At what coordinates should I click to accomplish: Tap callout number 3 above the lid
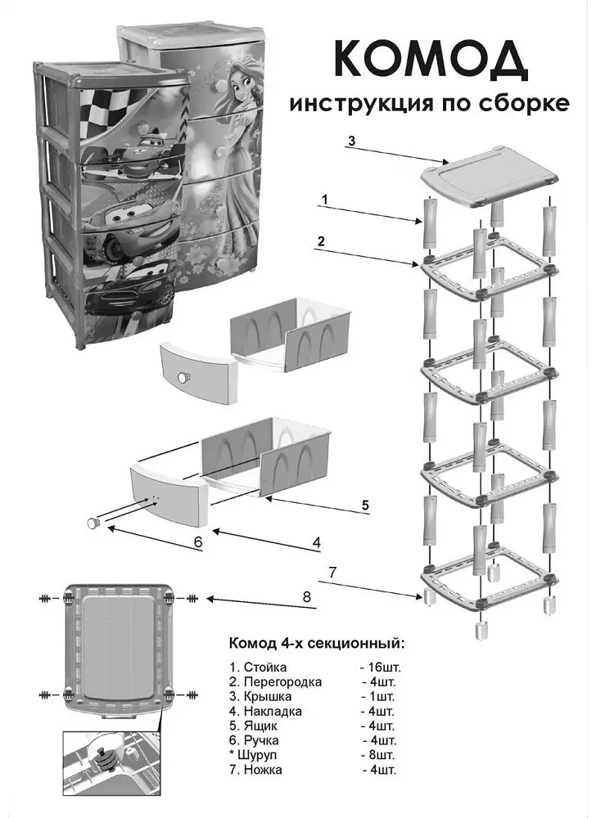click(x=352, y=141)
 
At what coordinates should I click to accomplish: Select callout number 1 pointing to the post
click(x=325, y=199)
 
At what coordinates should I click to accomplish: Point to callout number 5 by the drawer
click(x=365, y=505)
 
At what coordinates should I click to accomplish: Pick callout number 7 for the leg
click(x=332, y=572)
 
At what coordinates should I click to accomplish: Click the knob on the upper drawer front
click(x=183, y=378)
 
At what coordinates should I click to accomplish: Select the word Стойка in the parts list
click(x=264, y=667)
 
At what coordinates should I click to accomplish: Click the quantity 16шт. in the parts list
click(x=383, y=667)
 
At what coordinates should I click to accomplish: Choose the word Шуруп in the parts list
click(x=257, y=754)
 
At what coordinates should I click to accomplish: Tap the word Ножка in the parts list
click(x=263, y=769)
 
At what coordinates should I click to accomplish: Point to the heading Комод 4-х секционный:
click(x=316, y=643)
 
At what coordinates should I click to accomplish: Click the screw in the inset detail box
click(x=103, y=762)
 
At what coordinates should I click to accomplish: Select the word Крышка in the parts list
click(x=268, y=696)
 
